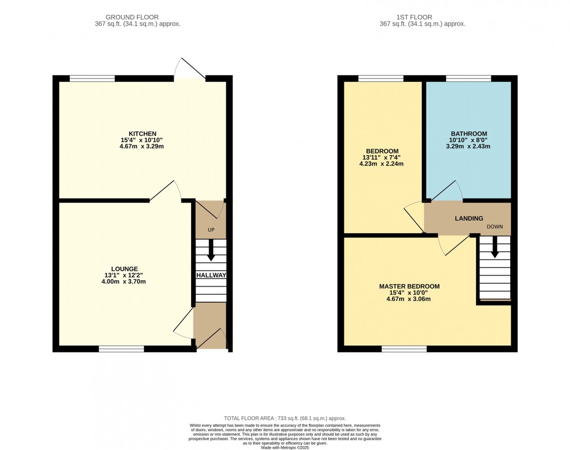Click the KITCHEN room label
point(142,134)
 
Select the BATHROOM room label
point(469,134)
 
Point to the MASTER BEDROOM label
point(409,286)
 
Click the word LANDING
point(469,218)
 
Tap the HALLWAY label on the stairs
point(211,275)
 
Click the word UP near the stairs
point(211,230)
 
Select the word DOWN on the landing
point(494,227)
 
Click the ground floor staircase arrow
point(211,250)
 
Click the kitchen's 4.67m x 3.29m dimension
point(142,146)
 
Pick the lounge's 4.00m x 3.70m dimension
point(124,282)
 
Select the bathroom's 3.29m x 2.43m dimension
point(468,146)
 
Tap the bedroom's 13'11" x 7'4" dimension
point(381,157)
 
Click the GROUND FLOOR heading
point(132,17)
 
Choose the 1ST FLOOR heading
point(414,17)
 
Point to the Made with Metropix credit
point(285,448)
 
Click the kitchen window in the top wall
point(92,78)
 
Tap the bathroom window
point(468,78)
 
